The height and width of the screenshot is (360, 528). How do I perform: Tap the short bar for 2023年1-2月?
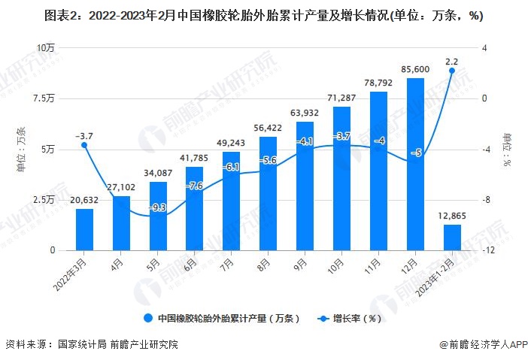click(452, 237)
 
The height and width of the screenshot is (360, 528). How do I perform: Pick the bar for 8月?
click(268, 193)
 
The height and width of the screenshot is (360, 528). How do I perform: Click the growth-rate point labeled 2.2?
click(452, 71)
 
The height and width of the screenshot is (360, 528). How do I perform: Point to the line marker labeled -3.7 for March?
click(84, 145)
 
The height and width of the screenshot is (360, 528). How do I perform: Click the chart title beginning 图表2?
click(263, 16)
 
